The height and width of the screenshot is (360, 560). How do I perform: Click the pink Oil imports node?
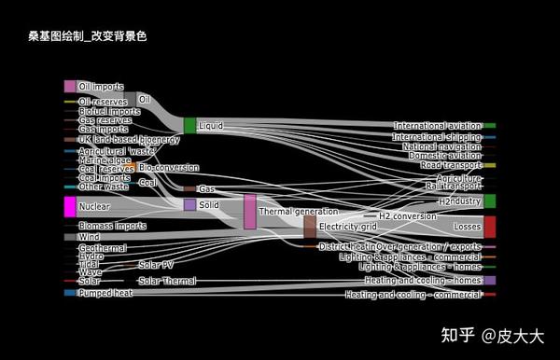coord(69,86)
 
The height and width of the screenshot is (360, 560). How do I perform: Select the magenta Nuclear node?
coord(69,206)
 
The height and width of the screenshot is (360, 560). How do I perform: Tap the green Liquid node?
coord(189,125)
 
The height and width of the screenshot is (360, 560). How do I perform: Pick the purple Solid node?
coord(189,204)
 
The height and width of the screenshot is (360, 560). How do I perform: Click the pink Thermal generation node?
coord(249,211)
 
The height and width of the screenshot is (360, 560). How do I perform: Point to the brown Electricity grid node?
coord(310,227)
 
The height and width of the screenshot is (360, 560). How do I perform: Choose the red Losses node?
coord(489,227)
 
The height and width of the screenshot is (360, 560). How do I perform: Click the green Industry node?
coord(489,201)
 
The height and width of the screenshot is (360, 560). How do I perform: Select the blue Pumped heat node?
coord(69,293)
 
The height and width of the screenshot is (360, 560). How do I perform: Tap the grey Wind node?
coord(69,237)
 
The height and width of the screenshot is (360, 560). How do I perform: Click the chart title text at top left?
coord(88,36)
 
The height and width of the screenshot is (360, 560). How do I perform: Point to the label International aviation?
coord(437,125)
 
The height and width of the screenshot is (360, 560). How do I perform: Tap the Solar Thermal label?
coord(167,280)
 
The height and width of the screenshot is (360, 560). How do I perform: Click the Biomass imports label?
coord(112,226)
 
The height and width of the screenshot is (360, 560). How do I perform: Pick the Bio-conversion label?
coord(168,168)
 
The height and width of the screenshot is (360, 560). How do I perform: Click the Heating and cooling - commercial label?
coord(413,295)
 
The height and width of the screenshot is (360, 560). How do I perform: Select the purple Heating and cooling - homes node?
coord(489,280)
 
